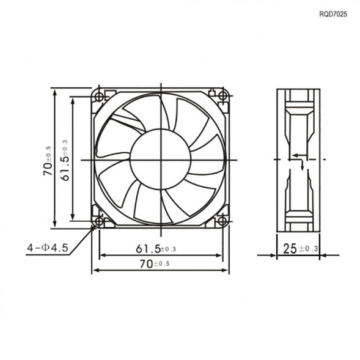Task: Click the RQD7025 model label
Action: [x=332, y=13]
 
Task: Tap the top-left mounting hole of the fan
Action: [x=98, y=95]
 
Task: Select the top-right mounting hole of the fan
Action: [x=223, y=95]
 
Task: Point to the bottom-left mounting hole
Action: [x=98, y=221]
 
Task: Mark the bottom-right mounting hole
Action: [x=223, y=221]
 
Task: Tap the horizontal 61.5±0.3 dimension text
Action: [x=156, y=249]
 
